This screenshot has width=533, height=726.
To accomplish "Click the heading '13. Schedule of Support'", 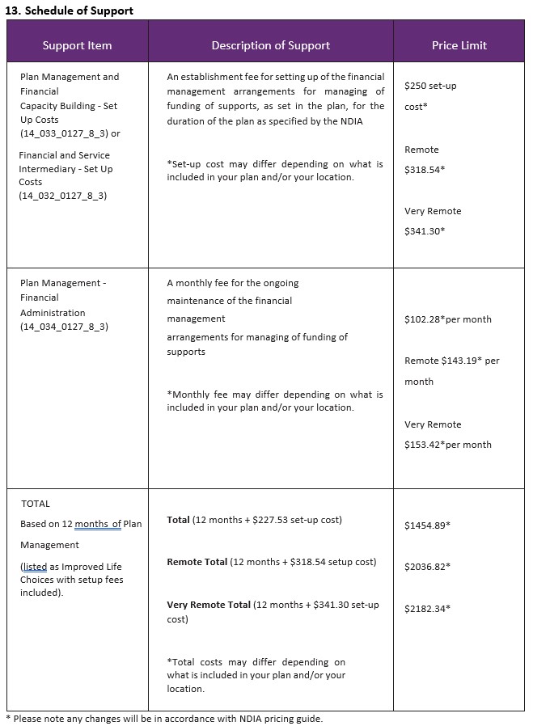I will tap(70, 11).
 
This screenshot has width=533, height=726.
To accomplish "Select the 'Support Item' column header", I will tap(77, 45).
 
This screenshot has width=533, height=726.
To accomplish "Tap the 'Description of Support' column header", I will tap(270, 45).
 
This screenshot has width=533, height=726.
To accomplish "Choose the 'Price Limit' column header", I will tap(459, 45).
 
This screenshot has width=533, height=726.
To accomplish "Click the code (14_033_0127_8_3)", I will tap(63, 133).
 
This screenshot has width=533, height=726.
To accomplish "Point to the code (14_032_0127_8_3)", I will tap(63, 196).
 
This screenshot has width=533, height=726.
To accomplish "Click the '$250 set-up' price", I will tap(430, 86).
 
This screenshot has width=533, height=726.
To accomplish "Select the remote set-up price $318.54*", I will tap(425, 170).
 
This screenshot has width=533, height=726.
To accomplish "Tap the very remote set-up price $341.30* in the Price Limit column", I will tap(425, 231).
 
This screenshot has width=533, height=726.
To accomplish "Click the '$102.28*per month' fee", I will tap(447, 319).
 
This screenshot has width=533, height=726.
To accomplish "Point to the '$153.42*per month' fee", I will tap(447, 445).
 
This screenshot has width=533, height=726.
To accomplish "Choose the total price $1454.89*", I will tap(427, 526).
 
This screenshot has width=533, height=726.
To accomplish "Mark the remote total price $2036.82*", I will tap(427, 567).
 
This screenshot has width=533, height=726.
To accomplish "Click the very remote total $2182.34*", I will tap(427, 608).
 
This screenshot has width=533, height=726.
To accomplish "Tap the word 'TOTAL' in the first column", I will tap(36, 504).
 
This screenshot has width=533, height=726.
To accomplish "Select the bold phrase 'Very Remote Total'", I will tap(209, 605).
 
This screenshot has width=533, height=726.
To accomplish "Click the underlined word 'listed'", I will tap(35, 567).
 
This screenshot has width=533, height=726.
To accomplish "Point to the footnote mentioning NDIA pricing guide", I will tap(164, 718).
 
